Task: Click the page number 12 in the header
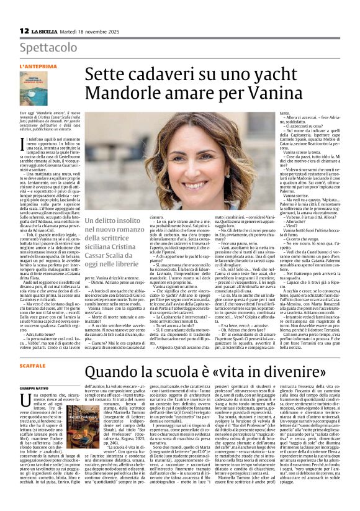pos(24,30)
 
